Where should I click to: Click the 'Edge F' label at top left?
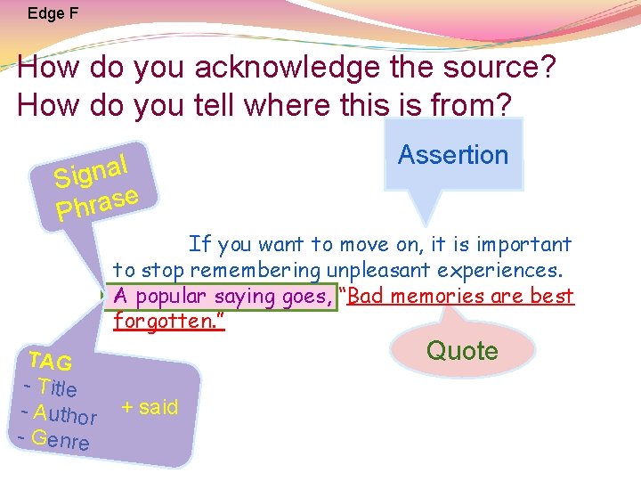53,13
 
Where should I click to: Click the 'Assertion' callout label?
453,155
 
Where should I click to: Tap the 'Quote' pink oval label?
462,351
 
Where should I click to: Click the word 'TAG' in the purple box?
50,362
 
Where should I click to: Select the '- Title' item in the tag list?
51,387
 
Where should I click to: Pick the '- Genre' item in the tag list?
54,440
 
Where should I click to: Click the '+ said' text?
150,407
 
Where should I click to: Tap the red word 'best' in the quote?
555,297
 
